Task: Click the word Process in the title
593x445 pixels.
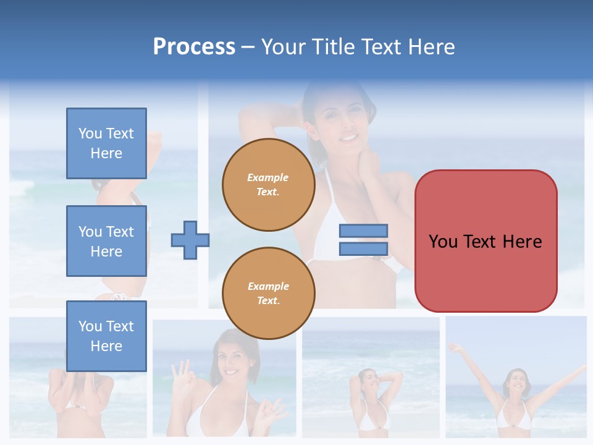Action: pyautogui.click(x=194, y=47)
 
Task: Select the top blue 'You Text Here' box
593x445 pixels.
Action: pyautogui.click(x=106, y=143)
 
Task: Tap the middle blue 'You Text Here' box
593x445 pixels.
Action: pyautogui.click(x=106, y=241)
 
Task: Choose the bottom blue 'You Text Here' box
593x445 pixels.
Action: pyautogui.click(x=106, y=336)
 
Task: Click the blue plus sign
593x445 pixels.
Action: pyautogui.click(x=190, y=240)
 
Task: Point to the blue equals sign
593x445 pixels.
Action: pyautogui.click(x=363, y=240)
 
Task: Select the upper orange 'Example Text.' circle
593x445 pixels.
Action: pyautogui.click(x=269, y=185)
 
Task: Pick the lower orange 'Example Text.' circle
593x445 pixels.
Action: pyautogui.click(x=269, y=294)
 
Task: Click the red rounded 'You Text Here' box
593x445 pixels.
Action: pyautogui.click(x=486, y=241)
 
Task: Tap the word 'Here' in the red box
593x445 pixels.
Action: pyautogui.click(x=523, y=242)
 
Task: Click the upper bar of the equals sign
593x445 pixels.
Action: pyautogui.click(x=363, y=231)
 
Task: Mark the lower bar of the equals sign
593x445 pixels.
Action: pyautogui.click(x=363, y=248)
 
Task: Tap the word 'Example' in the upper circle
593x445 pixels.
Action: pyautogui.click(x=268, y=177)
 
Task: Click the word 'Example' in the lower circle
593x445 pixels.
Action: pyautogui.click(x=268, y=286)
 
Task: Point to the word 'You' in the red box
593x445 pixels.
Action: pyautogui.click(x=443, y=242)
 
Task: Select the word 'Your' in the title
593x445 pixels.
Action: pyautogui.click(x=285, y=47)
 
